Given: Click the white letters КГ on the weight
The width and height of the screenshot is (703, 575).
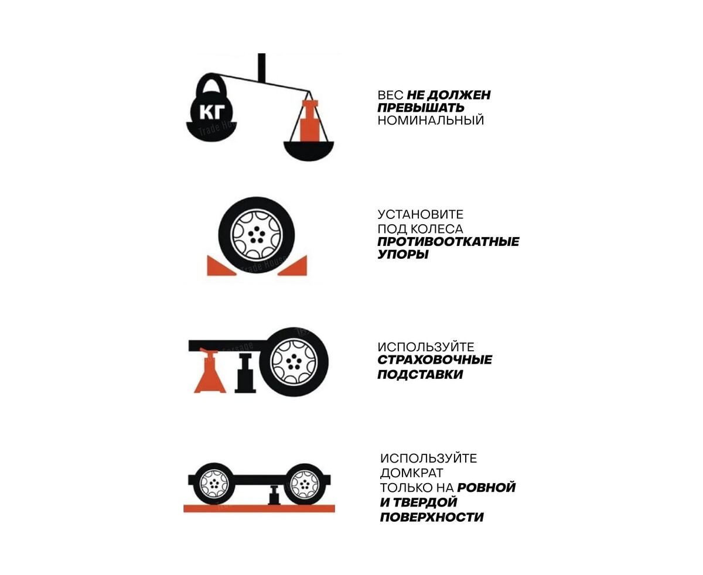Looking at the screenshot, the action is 211,112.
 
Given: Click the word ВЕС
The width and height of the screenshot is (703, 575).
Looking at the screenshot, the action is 390,95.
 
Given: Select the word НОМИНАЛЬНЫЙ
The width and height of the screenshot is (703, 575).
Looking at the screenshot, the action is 431,120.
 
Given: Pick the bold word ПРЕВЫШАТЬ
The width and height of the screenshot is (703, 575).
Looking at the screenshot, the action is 421,108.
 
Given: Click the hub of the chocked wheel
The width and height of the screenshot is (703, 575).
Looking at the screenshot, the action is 257,235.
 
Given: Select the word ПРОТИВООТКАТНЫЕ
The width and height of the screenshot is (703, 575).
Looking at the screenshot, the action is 448,241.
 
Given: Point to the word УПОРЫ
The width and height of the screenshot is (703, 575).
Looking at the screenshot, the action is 403,255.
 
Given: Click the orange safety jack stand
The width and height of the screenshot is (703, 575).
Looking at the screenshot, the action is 210,370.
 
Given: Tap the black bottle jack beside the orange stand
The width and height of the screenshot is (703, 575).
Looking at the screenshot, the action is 245,374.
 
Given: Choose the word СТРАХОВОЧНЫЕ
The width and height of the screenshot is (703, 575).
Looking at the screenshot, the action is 435,360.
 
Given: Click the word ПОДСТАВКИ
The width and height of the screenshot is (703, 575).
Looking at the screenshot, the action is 420,374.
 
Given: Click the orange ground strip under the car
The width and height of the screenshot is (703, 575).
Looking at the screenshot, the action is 259,508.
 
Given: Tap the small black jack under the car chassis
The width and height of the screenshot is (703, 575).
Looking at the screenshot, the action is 274,495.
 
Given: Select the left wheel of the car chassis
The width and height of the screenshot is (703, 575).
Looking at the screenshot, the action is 214,484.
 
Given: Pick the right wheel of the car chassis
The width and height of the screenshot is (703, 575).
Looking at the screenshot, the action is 303,484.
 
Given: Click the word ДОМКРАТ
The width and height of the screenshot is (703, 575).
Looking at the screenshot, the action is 411,473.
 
